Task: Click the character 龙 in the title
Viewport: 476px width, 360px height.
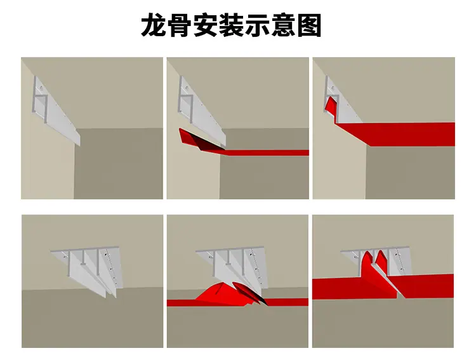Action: (x=154, y=25)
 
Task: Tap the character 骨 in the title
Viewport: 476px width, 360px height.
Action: (x=180, y=25)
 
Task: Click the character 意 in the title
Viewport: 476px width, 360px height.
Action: (x=282, y=25)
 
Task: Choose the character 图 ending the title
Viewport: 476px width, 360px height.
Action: (x=308, y=25)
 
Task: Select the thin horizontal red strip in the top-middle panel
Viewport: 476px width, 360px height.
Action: (x=267, y=152)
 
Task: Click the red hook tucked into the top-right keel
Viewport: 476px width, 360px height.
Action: (x=332, y=105)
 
